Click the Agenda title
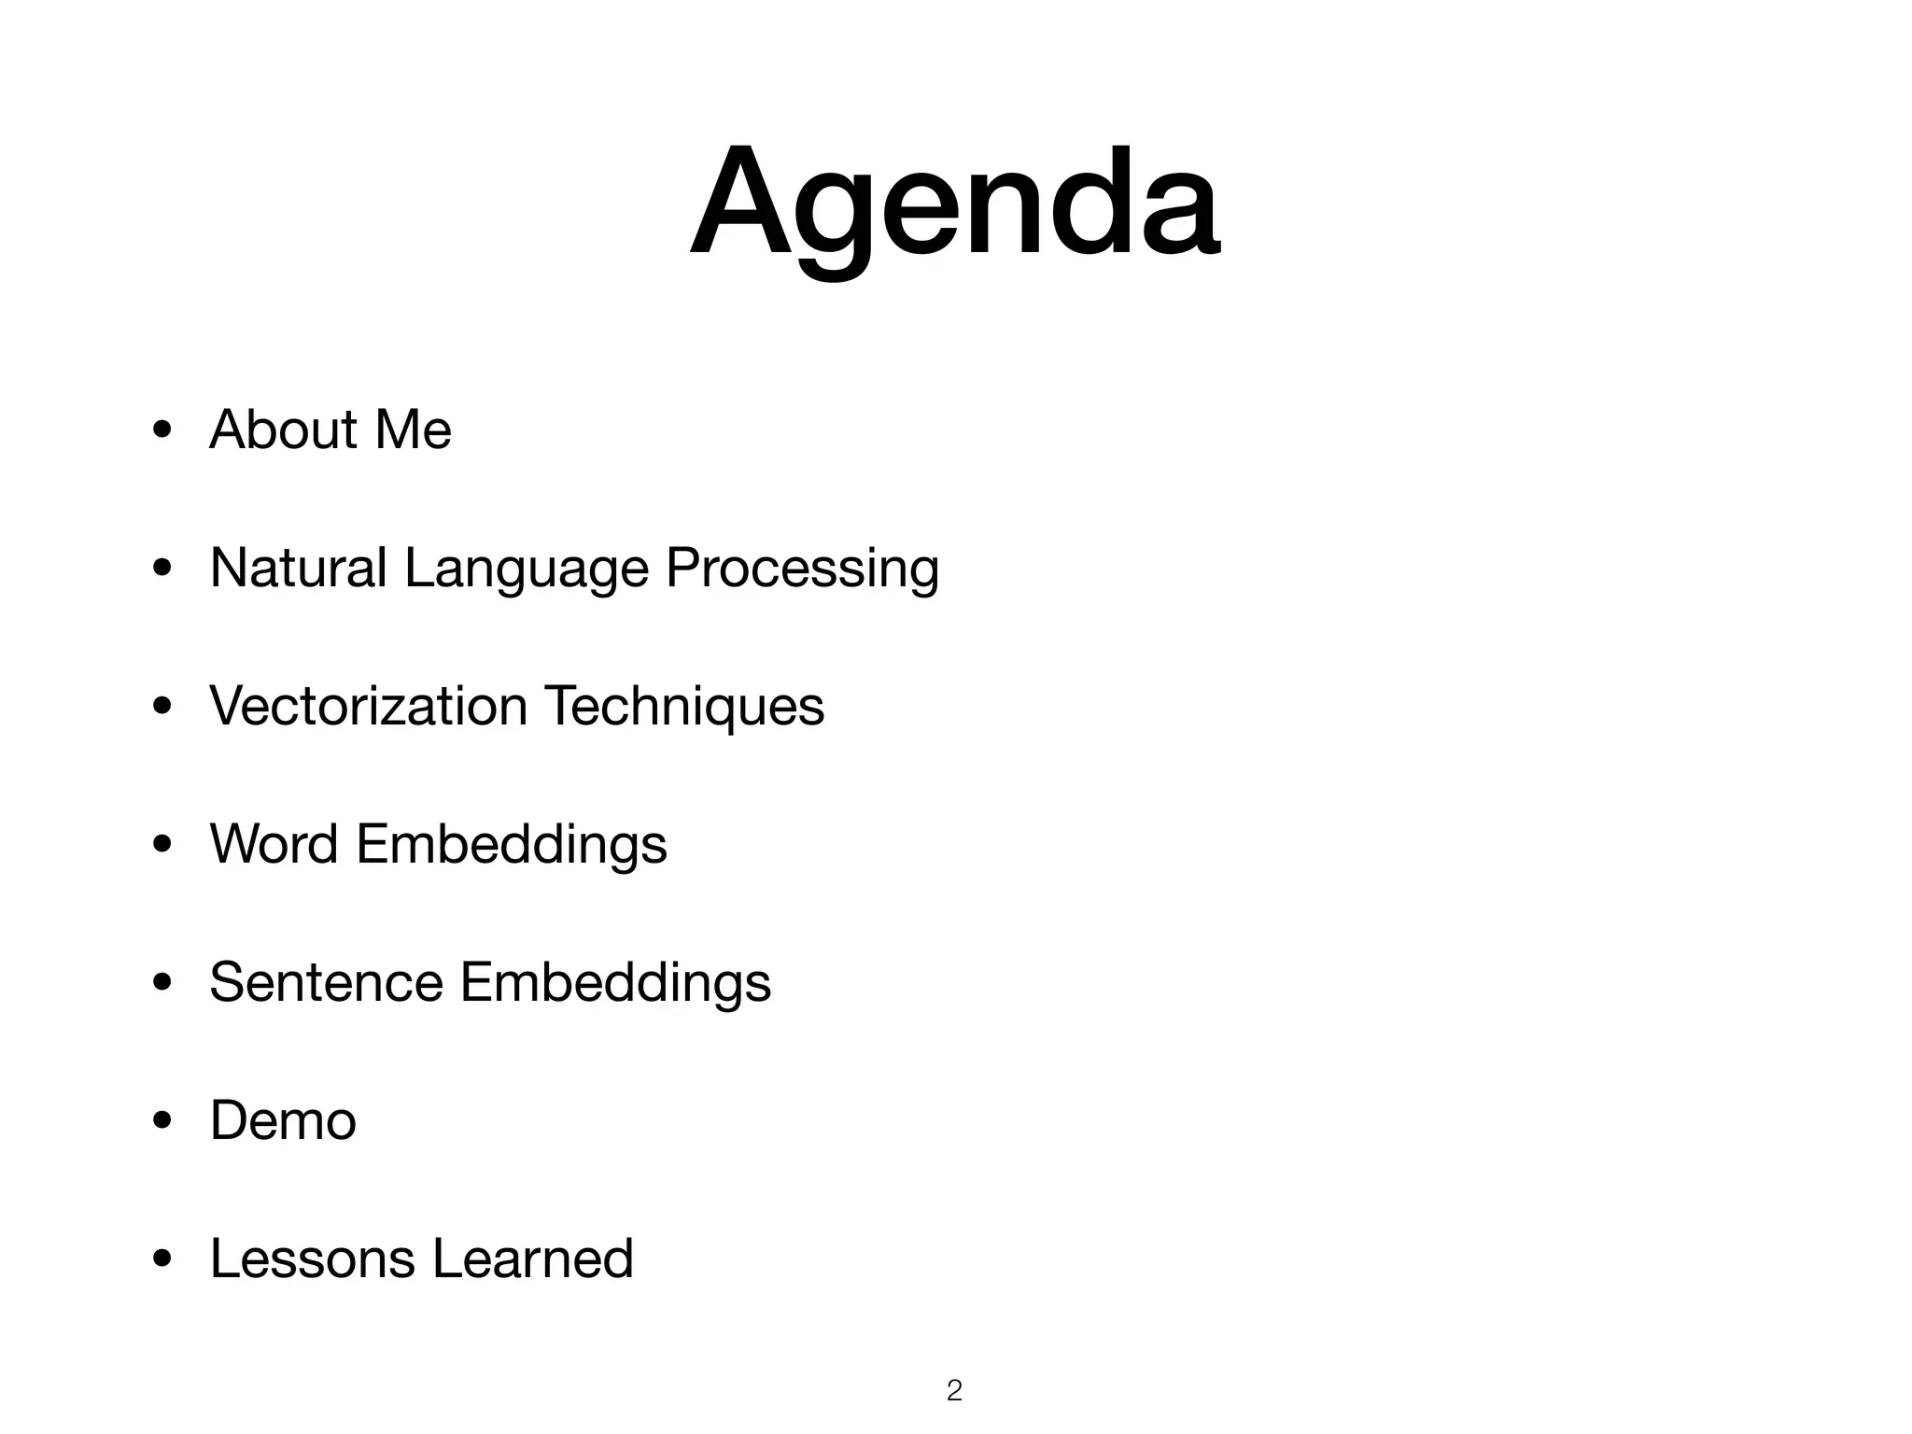pos(954,204)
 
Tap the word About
pos(283,429)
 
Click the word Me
pos(413,429)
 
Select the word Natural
pos(298,568)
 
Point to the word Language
pos(526,569)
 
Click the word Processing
pos(801,569)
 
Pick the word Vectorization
pos(368,706)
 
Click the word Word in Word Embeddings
pos(274,844)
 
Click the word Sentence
pos(326,982)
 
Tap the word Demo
pos(283,1120)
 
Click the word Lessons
pos(312,1258)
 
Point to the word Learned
pos(533,1258)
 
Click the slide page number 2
pos(954,1391)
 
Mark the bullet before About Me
pos(162,431)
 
